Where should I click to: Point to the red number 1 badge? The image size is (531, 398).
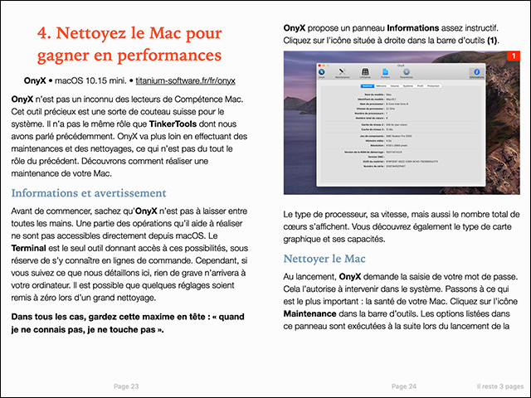pyautogui.click(x=514, y=56)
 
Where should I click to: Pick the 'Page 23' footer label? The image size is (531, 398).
pyautogui.click(x=125, y=386)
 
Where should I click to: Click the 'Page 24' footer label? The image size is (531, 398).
pyautogui.click(x=403, y=386)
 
